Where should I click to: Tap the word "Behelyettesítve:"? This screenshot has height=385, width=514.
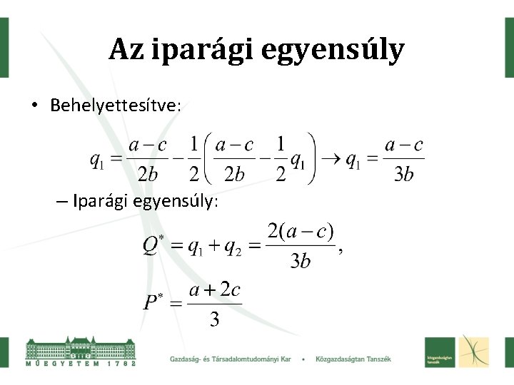click(x=116, y=106)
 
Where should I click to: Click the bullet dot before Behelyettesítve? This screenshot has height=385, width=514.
click(x=34, y=106)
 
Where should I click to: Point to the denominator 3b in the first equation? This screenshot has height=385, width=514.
click(x=403, y=174)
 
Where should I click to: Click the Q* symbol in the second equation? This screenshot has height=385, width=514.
click(x=153, y=246)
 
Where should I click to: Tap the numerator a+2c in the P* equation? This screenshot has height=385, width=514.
click(x=214, y=291)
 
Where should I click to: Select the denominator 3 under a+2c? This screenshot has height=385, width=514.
click(x=214, y=319)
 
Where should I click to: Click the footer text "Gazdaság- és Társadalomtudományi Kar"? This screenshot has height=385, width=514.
click(x=231, y=358)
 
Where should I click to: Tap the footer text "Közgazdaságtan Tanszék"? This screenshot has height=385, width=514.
click(x=353, y=358)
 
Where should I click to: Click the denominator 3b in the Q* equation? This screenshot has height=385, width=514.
click(x=300, y=261)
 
